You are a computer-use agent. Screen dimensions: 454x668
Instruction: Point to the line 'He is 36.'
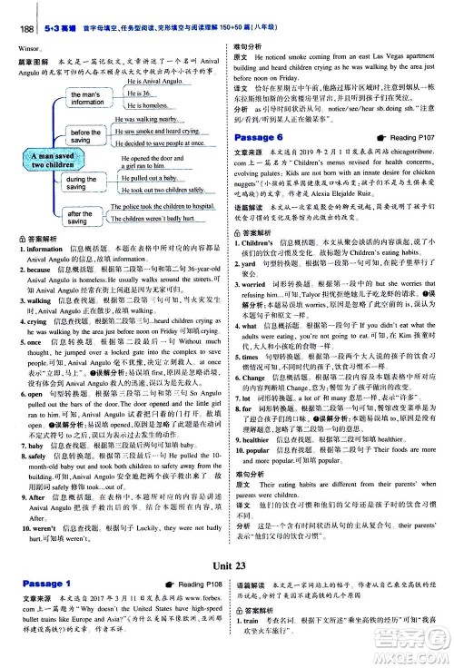[x=139, y=94]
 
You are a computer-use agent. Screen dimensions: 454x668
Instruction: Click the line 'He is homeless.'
[x=147, y=105]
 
